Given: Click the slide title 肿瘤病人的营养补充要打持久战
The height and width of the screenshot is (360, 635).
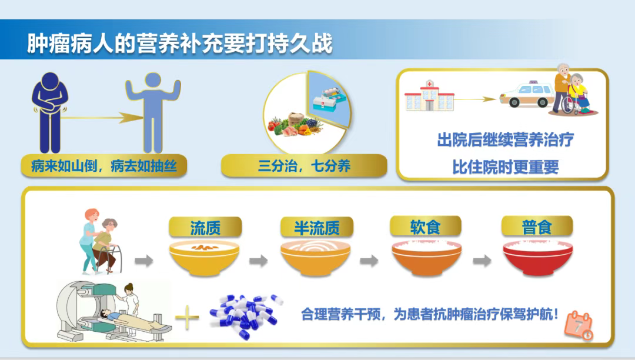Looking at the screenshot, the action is pyautogui.click(x=180, y=44).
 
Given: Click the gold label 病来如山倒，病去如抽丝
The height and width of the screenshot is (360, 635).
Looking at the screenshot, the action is pyautogui.click(x=104, y=166).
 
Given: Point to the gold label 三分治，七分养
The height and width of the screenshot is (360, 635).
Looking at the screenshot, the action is pyautogui.click(x=304, y=166).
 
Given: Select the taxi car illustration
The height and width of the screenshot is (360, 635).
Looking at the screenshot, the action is pyautogui.click(x=527, y=94).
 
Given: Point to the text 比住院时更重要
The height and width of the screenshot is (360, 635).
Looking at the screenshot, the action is pyautogui.click(x=506, y=167).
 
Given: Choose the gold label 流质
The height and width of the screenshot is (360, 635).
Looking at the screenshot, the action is pyautogui.click(x=205, y=228).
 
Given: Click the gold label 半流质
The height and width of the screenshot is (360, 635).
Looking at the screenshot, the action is pyautogui.click(x=317, y=228).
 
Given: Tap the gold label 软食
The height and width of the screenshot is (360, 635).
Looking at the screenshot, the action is pyautogui.click(x=426, y=227).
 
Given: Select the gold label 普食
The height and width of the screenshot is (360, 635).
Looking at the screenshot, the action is pyautogui.click(x=537, y=227).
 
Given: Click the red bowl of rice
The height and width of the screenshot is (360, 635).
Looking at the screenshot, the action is pyautogui.click(x=538, y=258).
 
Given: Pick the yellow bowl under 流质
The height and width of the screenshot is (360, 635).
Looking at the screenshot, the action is pyautogui.click(x=205, y=258).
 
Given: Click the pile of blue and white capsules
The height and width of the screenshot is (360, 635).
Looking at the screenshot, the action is pyautogui.click(x=246, y=316).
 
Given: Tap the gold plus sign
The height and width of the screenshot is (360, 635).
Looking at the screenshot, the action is pyautogui.click(x=187, y=316).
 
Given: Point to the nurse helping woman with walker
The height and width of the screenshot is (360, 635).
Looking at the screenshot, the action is pyautogui.click(x=90, y=241).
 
